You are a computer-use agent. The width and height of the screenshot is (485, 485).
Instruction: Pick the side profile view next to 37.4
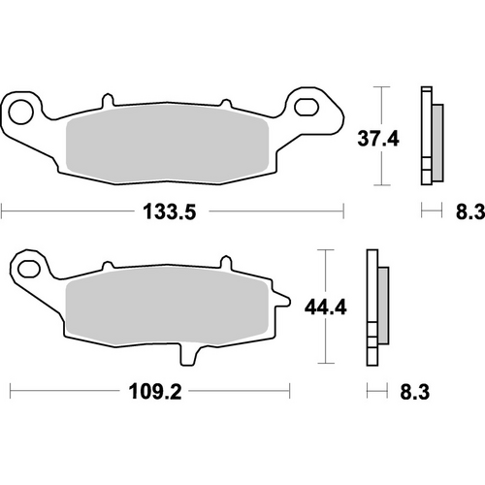click(x=429, y=136)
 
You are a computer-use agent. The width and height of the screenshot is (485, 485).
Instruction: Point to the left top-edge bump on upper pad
click(x=103, y=101)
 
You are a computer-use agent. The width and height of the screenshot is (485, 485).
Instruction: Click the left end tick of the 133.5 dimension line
click(x=2, y=210)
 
